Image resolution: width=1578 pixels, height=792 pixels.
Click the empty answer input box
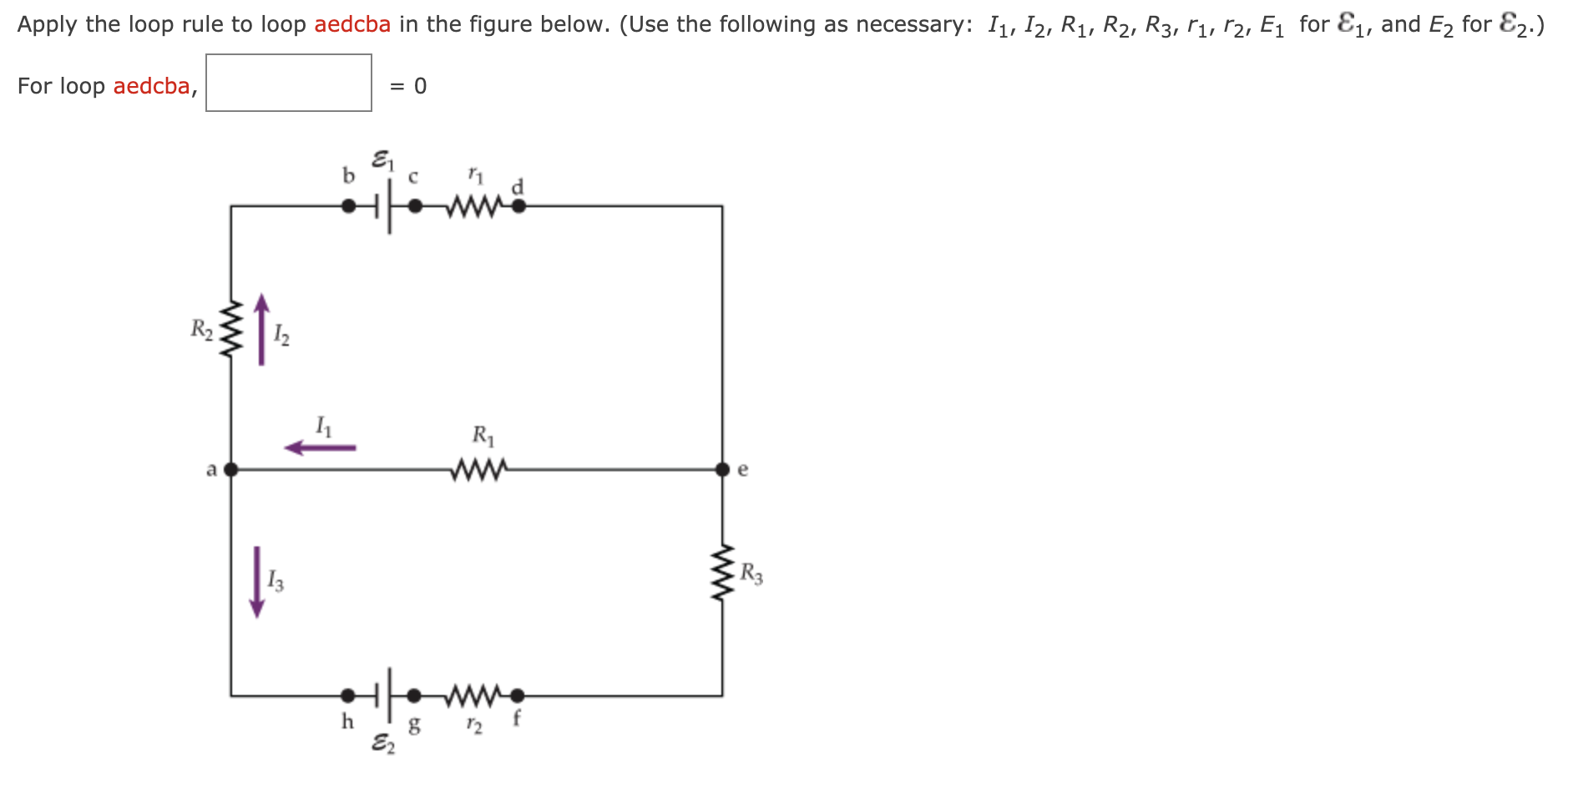click(289, 83)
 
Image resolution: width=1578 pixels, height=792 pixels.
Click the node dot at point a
click(231, 470)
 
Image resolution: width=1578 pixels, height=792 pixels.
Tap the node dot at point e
click(723, 470)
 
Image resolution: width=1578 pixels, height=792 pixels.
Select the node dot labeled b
click(348, 206)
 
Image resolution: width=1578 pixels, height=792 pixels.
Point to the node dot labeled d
click(518, 206)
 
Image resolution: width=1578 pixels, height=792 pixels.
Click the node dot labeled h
click(348, 695)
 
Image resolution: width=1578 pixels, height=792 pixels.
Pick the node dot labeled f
click(518, 695)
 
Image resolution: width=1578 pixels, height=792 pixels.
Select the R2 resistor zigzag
click(231, 328)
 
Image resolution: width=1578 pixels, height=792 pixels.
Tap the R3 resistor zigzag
click(722, 573)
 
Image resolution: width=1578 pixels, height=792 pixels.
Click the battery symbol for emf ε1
click(383, 206)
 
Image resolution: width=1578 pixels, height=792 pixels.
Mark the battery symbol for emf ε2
click(383, 694)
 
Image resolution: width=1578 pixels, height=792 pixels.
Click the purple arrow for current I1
click(321, 448)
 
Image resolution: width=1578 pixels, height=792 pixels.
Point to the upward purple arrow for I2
click(261, 329)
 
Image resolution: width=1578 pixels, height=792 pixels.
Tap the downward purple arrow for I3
click(257, 582)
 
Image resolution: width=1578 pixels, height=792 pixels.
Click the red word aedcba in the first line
click(352, 24)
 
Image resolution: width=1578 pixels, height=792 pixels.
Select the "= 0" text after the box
click(408, 86)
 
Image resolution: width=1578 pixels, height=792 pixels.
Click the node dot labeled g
click(414, 695)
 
